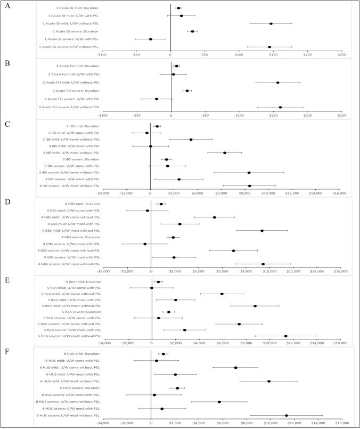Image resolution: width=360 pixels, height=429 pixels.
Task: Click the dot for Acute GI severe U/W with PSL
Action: click(x=151, y=39)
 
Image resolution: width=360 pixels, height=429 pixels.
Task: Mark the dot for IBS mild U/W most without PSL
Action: click(x=225, y=153)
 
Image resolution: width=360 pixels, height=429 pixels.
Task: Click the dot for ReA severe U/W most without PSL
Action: click(x=286, y=336)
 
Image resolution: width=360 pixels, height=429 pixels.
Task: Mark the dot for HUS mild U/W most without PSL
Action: click(x=269, y=381)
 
